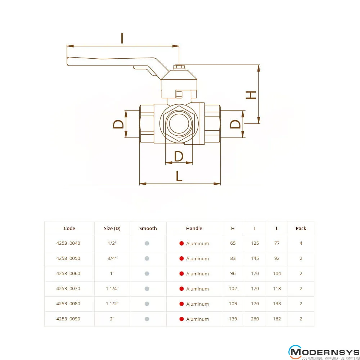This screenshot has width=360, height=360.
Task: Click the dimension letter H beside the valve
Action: (x=251, y=95)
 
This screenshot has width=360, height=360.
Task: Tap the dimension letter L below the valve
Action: (x=179, y=176)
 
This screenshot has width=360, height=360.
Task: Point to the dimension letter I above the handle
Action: (x=122, y=38)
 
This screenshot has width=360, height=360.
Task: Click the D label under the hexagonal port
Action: (x=179, y=156)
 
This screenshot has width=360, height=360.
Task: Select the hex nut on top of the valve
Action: (x=179, y=67)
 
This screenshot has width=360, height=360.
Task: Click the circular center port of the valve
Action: (x=179, y=123)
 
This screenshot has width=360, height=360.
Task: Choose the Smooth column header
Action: (x=148, y=229)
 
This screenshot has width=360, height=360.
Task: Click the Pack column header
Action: (x=301, y=229)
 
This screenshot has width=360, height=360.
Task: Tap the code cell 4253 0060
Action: (x=68, y=274)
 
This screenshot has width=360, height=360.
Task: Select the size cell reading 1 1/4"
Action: (x=112, y=289)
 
